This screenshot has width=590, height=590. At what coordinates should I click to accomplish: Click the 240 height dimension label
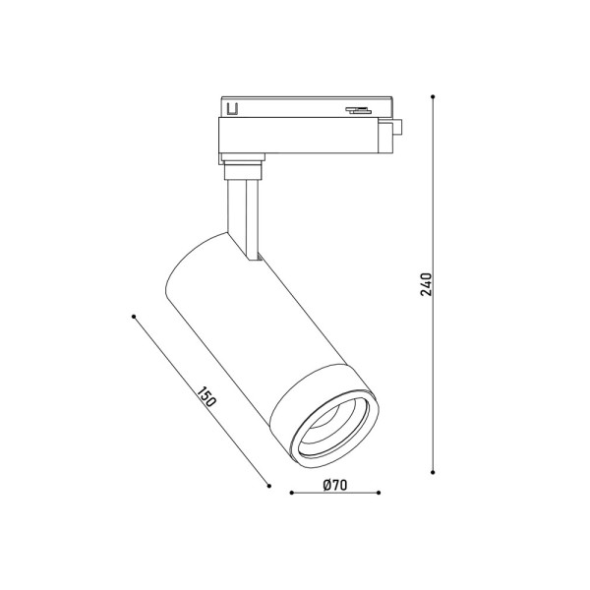425,283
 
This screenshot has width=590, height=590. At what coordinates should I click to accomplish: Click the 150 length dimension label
206,398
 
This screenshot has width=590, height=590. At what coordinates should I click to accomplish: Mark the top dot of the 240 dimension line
434,97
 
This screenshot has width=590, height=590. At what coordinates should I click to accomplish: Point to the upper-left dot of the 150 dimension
133,316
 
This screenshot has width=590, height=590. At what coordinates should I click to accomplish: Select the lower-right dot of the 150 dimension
267,483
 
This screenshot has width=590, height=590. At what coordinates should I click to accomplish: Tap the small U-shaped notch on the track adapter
233,109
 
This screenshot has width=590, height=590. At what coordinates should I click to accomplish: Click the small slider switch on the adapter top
355,108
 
